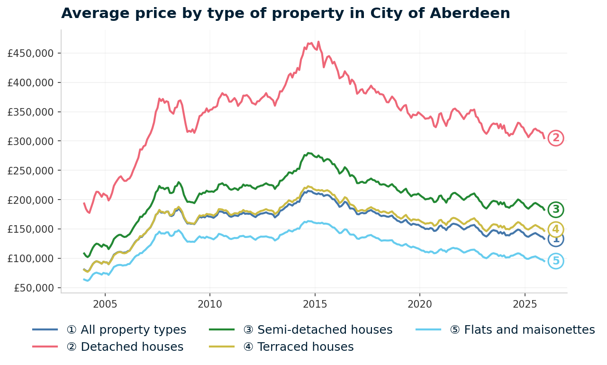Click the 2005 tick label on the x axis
click(105, 303)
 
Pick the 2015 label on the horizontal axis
click(315, 303)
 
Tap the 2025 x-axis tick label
click(525, 303)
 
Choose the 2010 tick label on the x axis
click(209, 303)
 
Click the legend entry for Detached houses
click(125, 347)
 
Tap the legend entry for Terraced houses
click(299, 347)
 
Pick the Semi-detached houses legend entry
click(318, 330)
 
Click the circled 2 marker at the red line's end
click(556, 138)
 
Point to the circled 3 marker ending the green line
click(556, 209)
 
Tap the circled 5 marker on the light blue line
click(556, 261)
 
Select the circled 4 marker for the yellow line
click(556, 229)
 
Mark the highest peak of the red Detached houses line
click(318, 42)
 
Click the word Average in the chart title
click(91, 13)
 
